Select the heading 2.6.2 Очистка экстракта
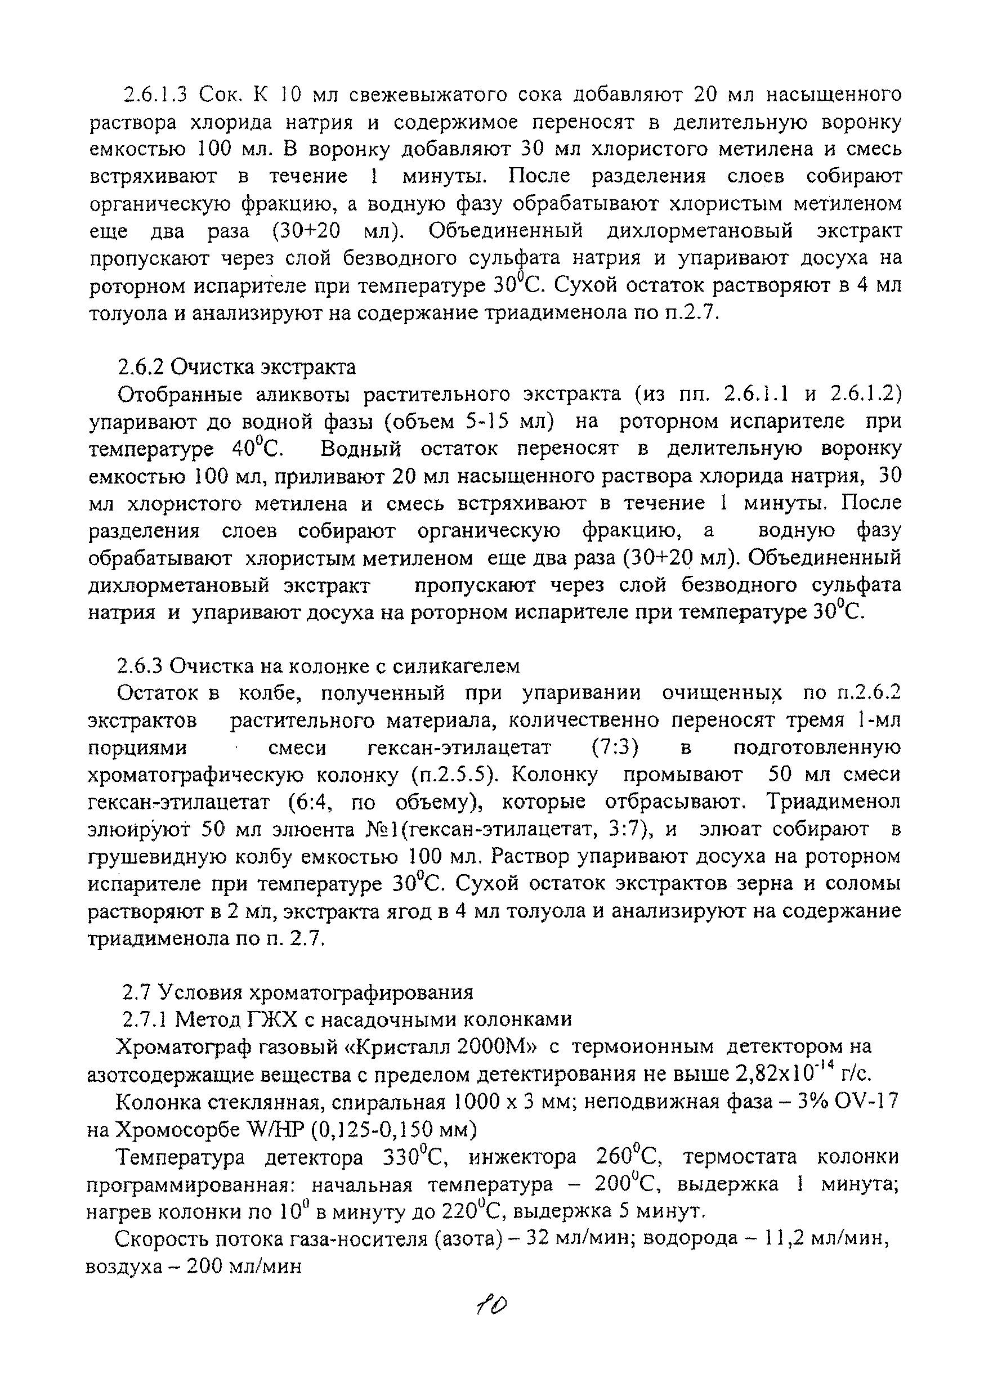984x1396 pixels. pyautogui.click(x=236, y=367)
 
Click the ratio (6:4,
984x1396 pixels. pyautogui.click(x=310, y=802)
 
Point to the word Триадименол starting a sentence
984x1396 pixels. pyautogui.click(x=833, y=802)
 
